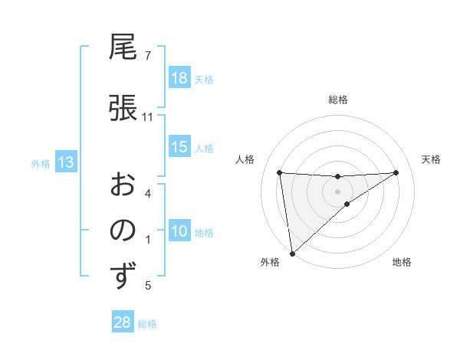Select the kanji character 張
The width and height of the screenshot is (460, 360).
click(123, 107)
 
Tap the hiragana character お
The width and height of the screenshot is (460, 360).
click(123, 184)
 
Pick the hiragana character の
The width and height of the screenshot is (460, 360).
click(123, 230)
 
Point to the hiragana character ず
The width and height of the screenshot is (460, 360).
click(123, 276)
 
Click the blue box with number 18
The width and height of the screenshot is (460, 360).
click(179, 78)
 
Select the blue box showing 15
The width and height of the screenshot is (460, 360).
click(179, 147)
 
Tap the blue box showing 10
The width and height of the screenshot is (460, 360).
click(179, 231)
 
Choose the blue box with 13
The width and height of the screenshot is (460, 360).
click(65, 162)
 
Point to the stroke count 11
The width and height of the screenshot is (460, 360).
click(148, 117)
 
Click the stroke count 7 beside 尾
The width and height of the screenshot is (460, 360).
click(147, 56)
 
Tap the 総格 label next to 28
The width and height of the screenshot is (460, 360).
click(147, 324)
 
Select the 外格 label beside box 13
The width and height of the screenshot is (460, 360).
click(40, 163)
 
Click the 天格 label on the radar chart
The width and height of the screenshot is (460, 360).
click(432, 159)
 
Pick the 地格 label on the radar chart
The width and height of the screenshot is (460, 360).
click(402, 262)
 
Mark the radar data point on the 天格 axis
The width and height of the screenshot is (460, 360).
click(396, 172)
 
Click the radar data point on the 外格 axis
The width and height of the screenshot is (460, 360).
click(291, 253)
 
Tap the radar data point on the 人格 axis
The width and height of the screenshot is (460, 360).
click(280, 172)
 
